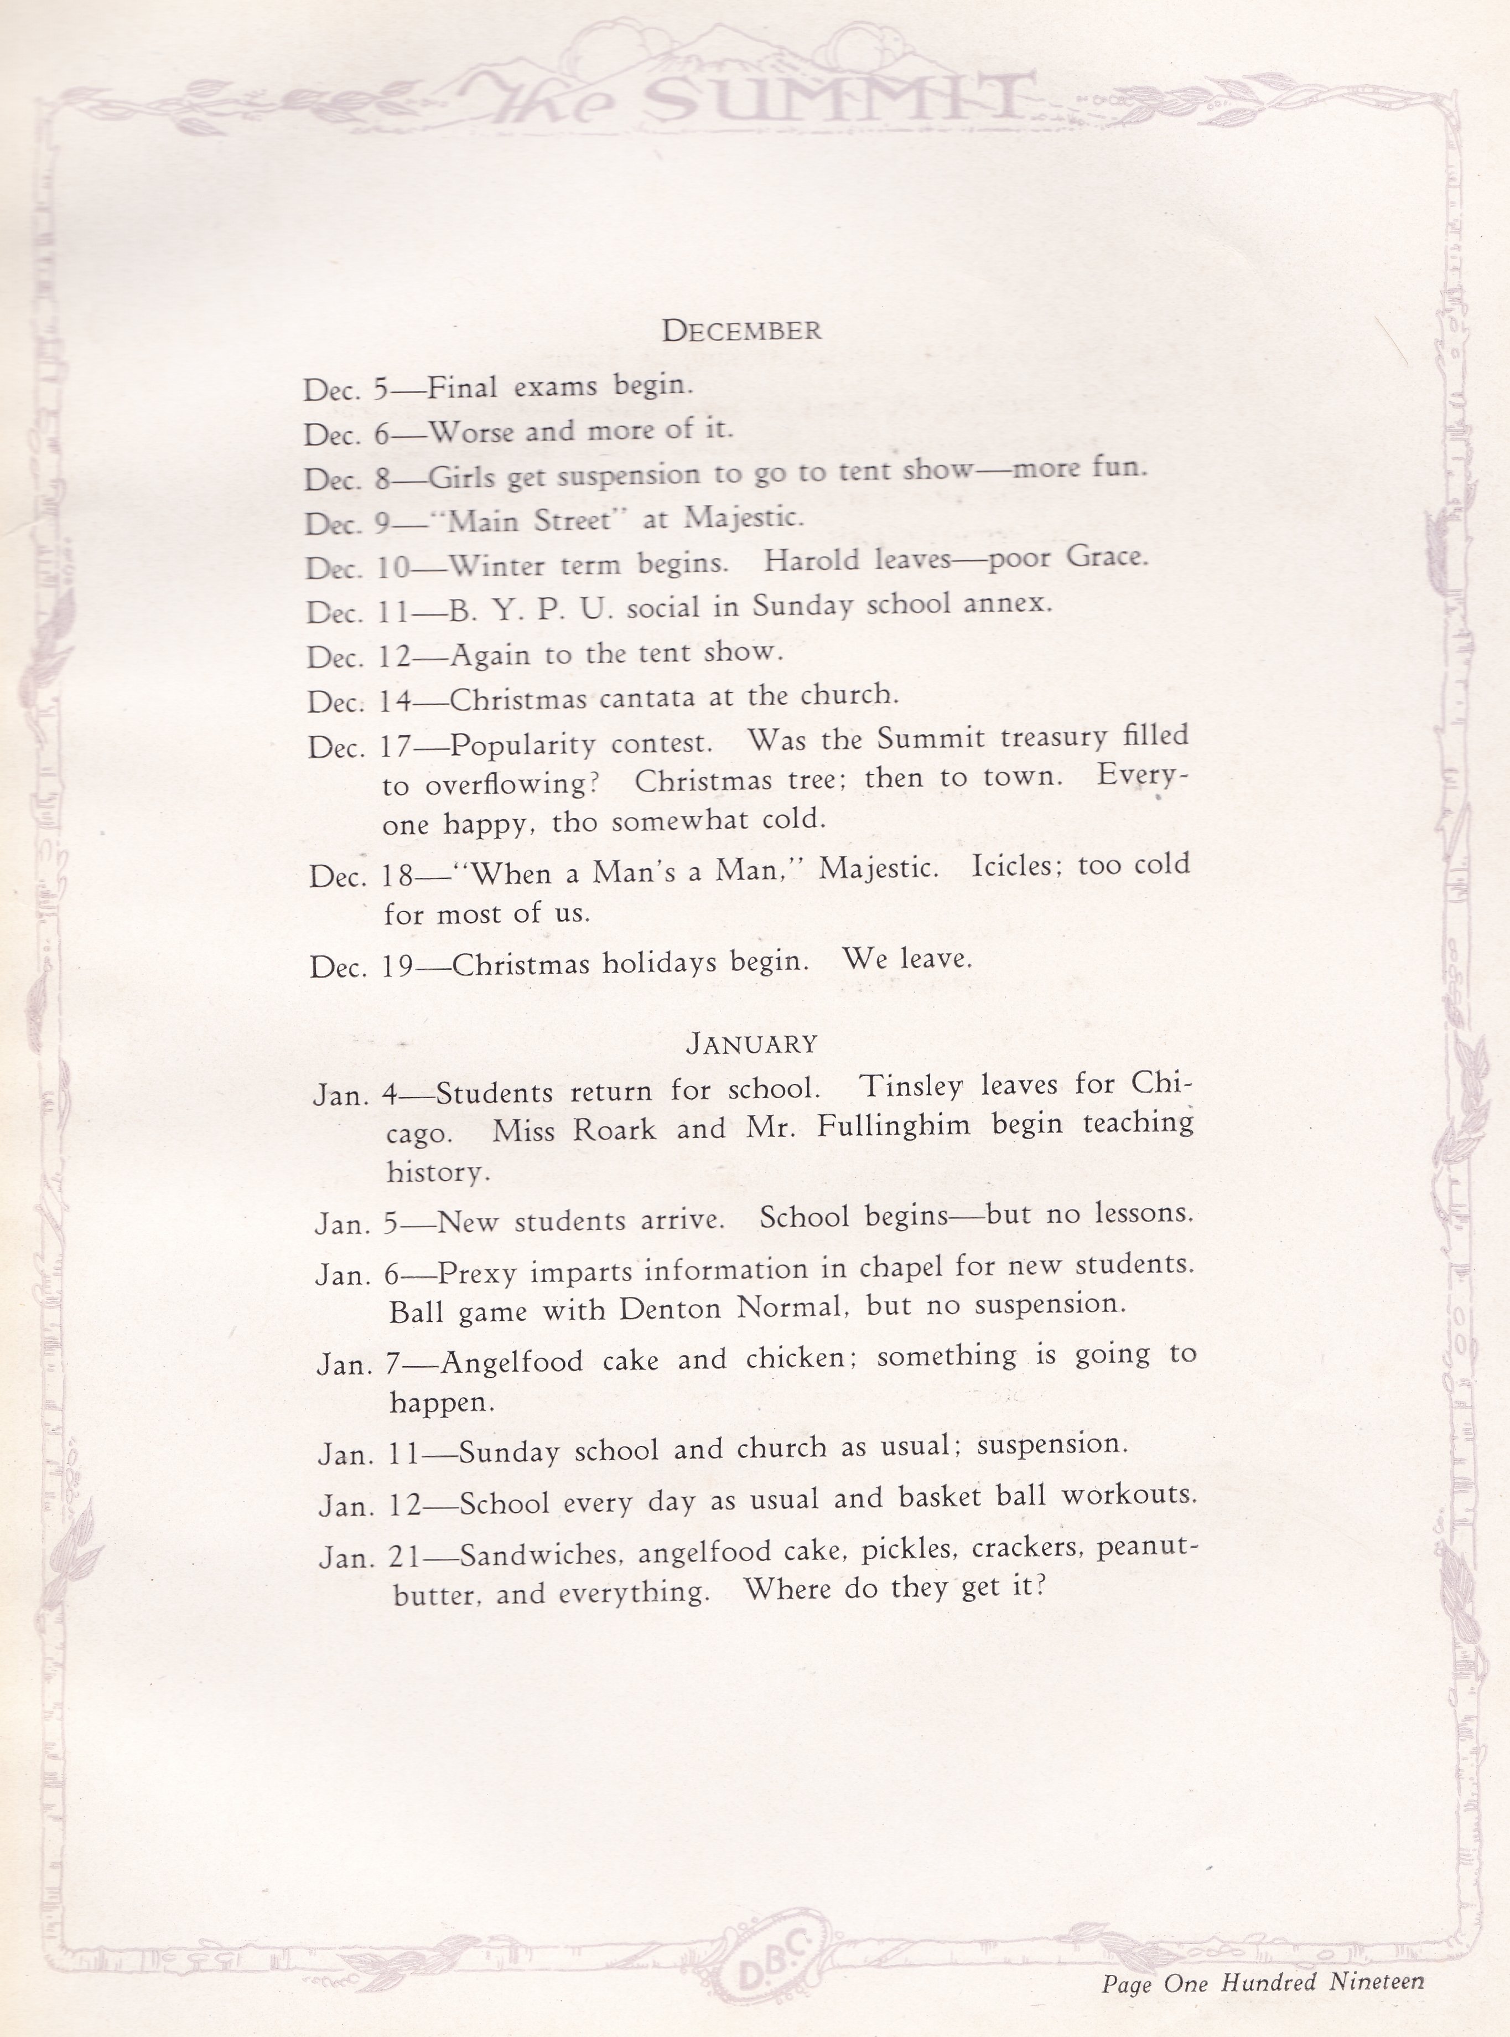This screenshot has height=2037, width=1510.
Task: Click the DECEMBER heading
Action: click(x=741, y=330)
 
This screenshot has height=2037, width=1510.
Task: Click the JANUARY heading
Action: click(x=751, y=1043)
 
